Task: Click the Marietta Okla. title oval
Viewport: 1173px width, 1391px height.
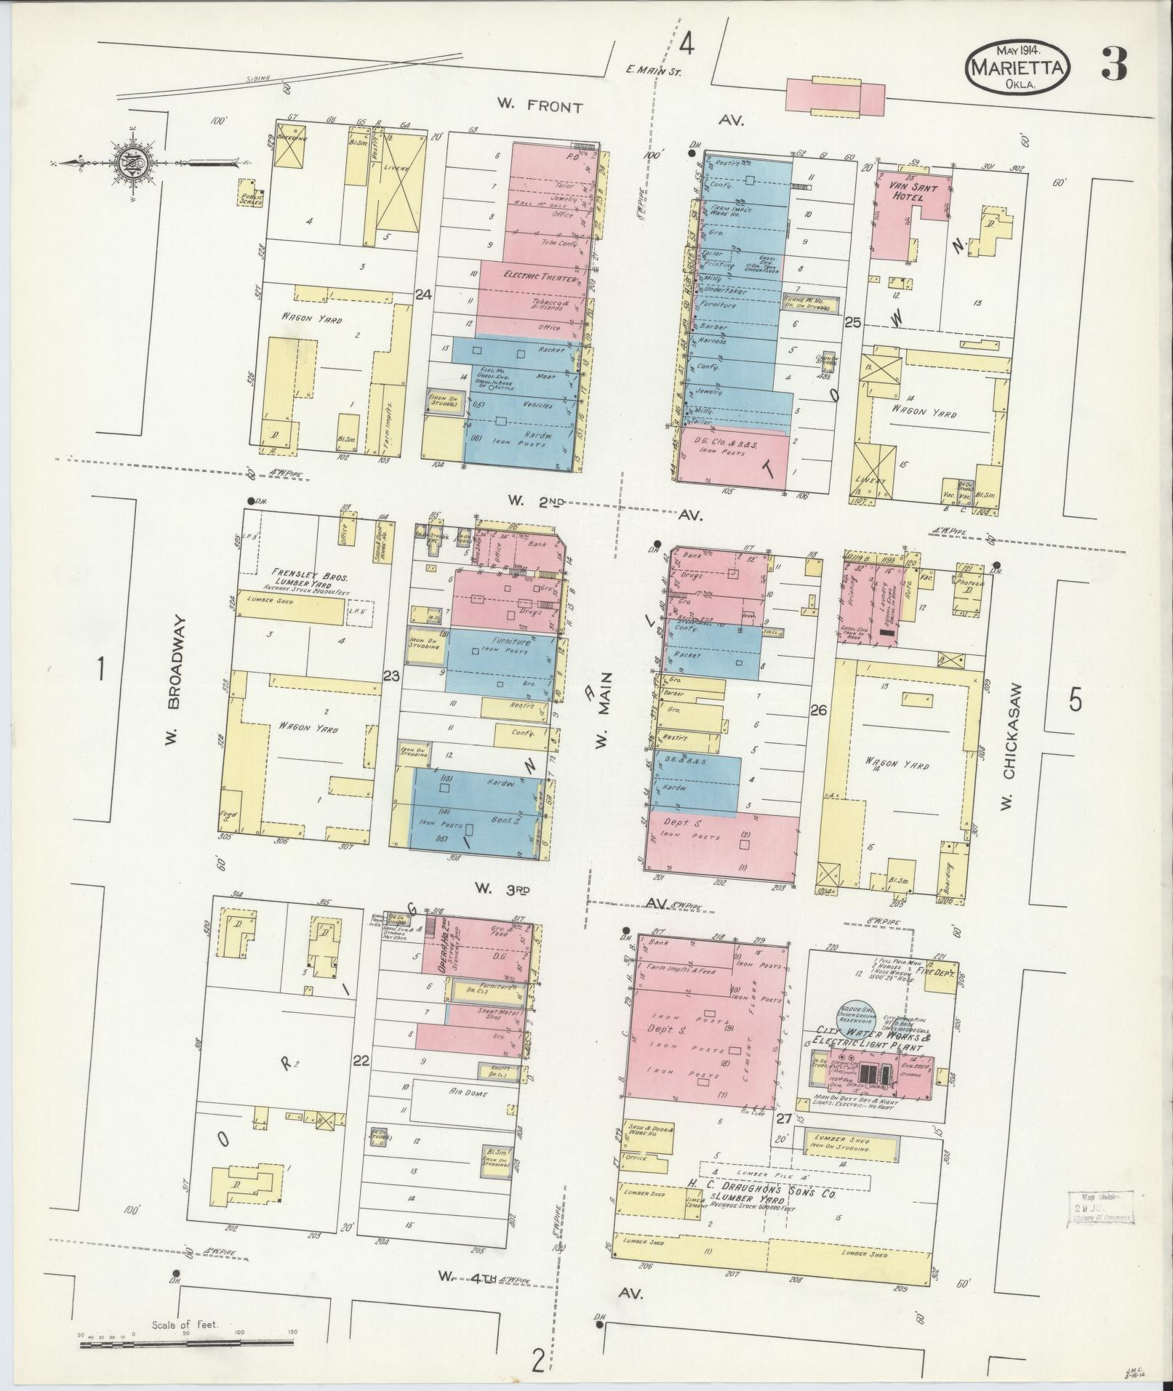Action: pos(1018,66)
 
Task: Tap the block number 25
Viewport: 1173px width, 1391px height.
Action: pos(852,321)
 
